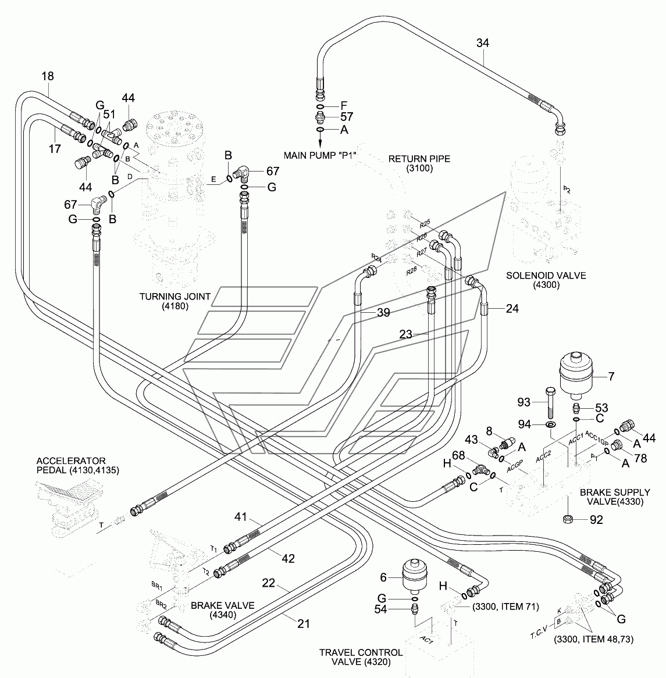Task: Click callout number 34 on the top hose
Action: click(483, 43)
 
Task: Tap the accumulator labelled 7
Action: click(576, 376)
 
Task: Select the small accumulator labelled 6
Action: click(415, 576)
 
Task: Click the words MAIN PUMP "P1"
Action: click(319, 155)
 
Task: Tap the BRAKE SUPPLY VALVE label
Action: click(615, 497)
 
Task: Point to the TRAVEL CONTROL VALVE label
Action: click(361, 657)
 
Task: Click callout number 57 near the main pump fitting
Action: click(347, 117)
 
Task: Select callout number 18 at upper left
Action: click(48, 76)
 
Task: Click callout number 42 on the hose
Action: click(288, 558)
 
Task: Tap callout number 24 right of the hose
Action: click(512, 309)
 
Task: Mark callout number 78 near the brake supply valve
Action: click(640, 458)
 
